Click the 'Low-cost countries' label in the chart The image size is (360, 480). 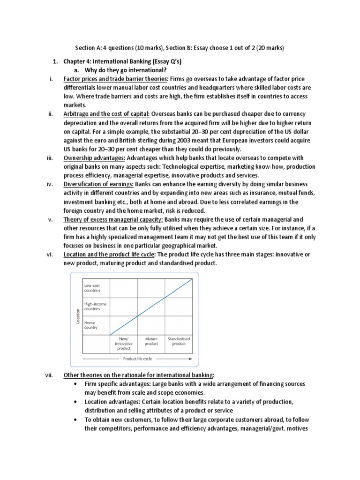(92, 288)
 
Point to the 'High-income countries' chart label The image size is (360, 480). (95, 307)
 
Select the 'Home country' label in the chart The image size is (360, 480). (90, 325)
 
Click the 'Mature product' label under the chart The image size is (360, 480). (151, 341)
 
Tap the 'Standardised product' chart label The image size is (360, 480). (179, 341)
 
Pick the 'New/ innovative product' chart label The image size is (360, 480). (124, 343)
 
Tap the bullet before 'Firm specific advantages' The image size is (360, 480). (76, 384)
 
